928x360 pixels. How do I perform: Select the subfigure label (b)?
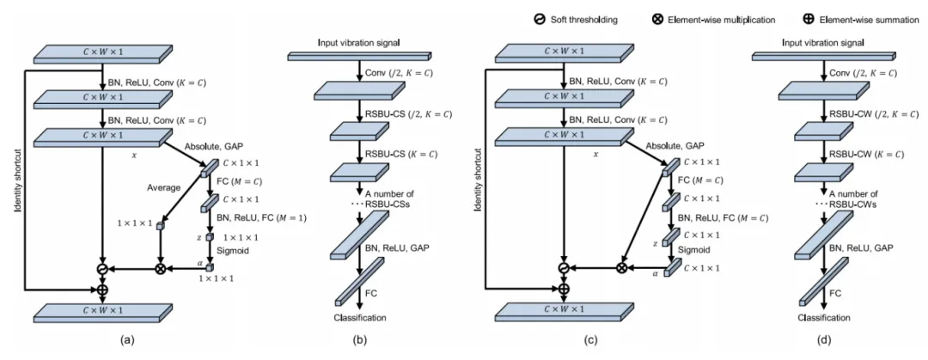pyautogui.click(x=362, y=339)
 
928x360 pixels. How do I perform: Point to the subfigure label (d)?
pyautogui.click(x=826, y=339)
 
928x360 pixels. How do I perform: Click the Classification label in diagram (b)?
pyautogui.click(x=359, y=318)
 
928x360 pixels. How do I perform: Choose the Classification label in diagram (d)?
pyautogui.click(x=823, y=318)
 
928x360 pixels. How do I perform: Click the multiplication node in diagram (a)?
pyautogui.click(x=160, y=268)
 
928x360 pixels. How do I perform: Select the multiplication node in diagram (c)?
pyautogui.click(x=621, y=268)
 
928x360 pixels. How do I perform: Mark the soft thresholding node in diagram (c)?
pyautogui.click(x=564, y=268)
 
